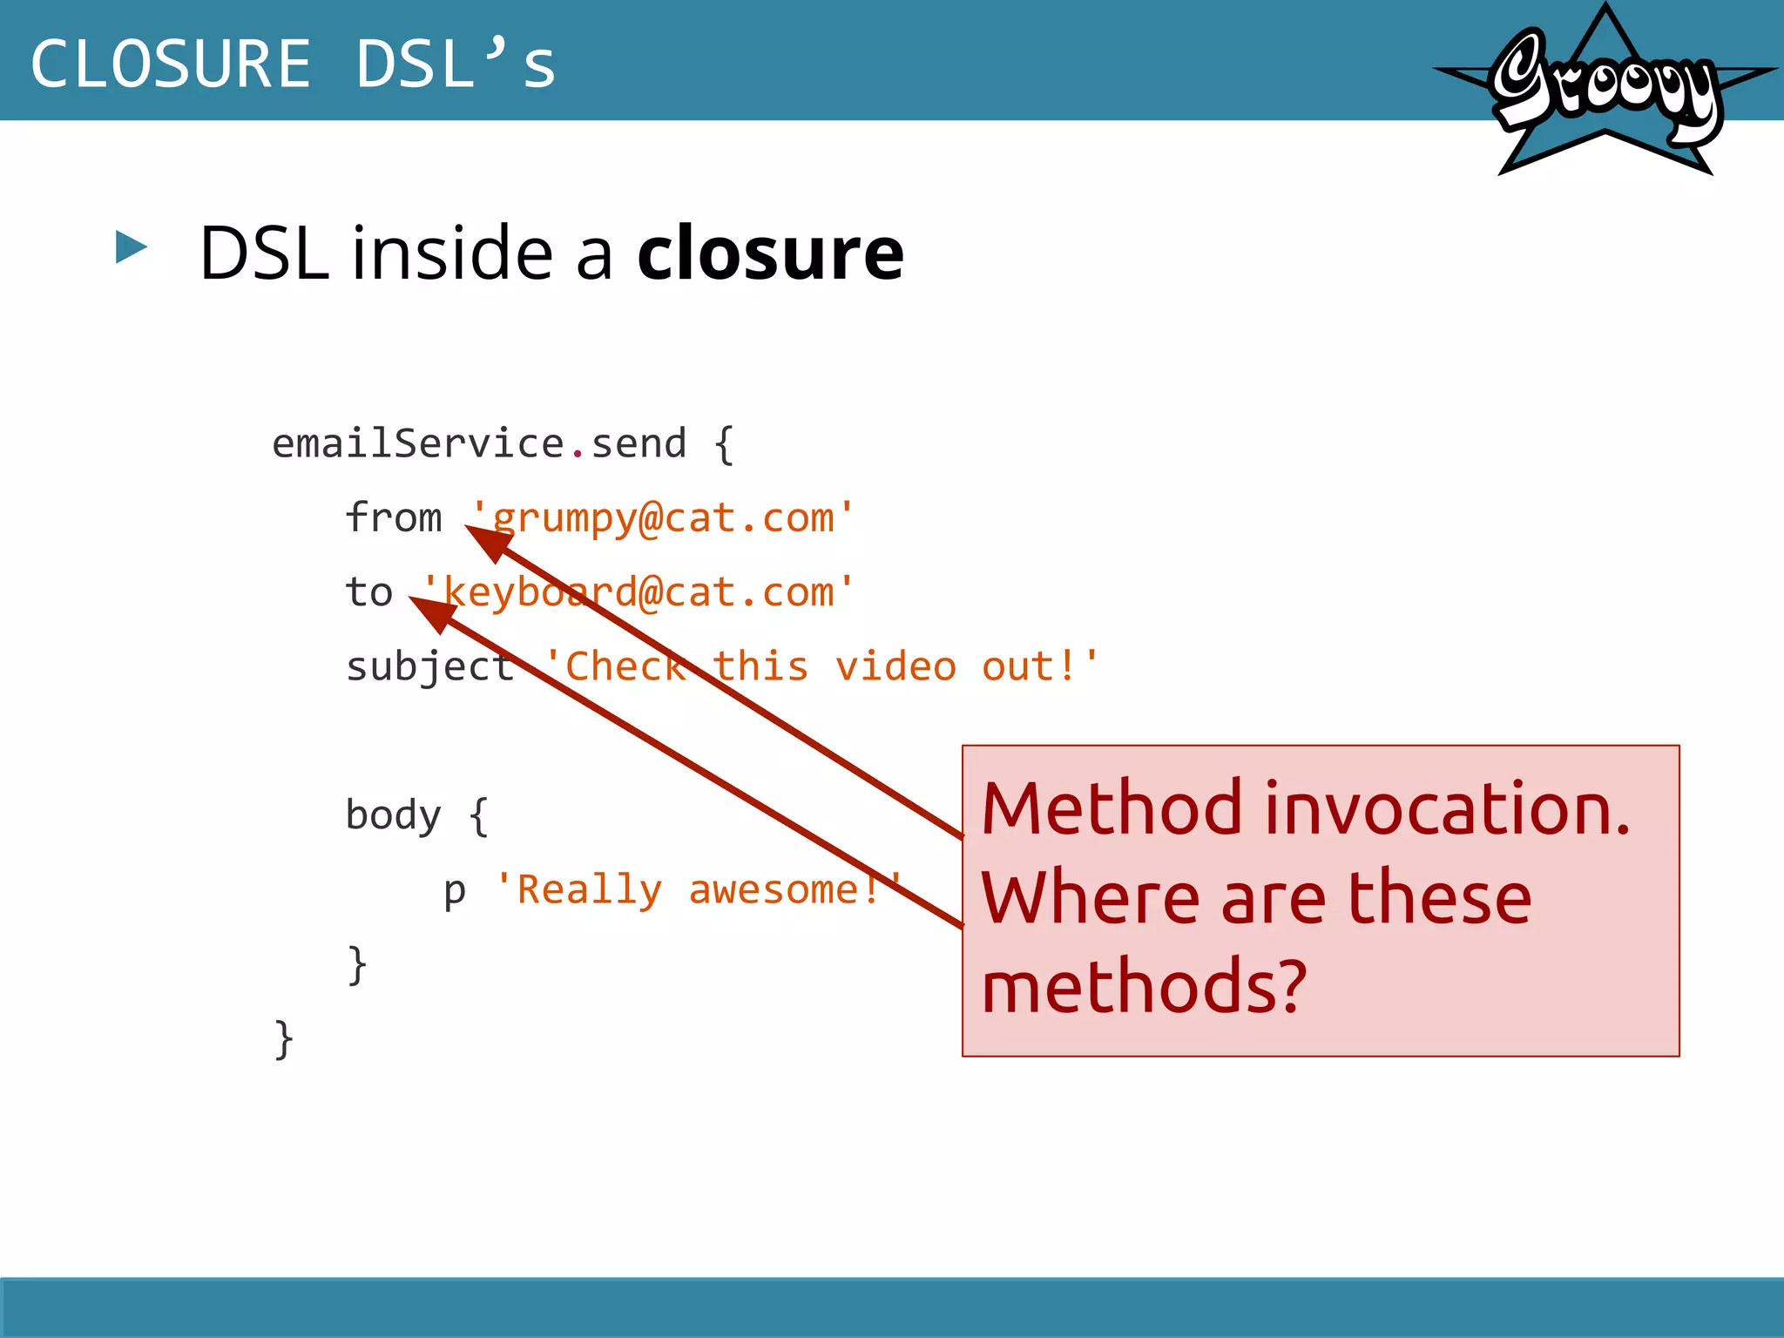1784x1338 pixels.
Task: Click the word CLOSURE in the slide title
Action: (171, 64)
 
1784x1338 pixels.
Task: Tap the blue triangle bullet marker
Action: (131, 247)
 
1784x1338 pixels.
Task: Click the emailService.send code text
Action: (479, 444)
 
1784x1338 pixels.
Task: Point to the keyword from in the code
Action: (394, 518)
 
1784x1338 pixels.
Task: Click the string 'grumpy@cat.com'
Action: (662, 518)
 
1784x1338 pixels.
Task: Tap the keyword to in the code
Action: (369, 592)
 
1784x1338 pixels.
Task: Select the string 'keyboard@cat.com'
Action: (638, 592)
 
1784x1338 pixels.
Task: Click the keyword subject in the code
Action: (430, 667)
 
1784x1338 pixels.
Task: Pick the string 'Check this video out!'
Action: (821, 667)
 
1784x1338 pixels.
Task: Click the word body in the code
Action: (394, 815)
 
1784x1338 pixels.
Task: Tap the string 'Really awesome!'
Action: (697, 890)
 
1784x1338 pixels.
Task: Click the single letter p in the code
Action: (455, 890)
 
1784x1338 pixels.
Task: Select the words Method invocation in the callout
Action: (1305, 808)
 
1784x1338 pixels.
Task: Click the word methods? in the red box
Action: (1144, 986)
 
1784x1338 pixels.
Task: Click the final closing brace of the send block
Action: (283, 1038)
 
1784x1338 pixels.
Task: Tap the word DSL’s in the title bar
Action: (455, 64)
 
